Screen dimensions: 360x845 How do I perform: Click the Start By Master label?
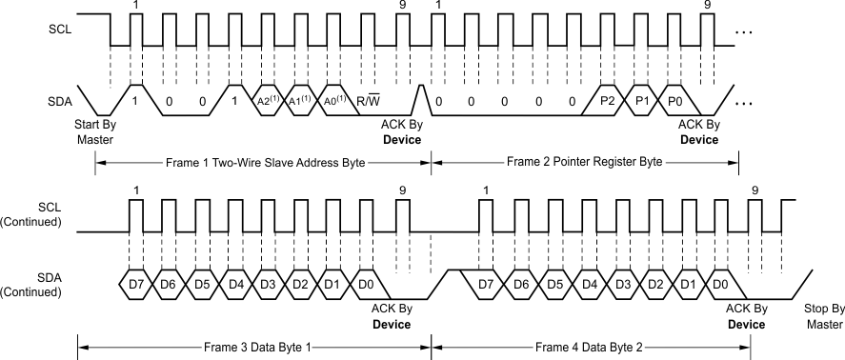point(94,131)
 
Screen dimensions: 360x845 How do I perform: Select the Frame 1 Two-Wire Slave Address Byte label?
point(264,162)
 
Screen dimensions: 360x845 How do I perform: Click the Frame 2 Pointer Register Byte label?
point(585,162)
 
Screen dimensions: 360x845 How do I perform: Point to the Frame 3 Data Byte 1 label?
point(253,346)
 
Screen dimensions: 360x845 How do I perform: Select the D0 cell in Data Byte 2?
point(720,285)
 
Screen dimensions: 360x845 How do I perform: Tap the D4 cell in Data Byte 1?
point(234,285)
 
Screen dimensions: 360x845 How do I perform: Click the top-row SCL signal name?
point(59,30)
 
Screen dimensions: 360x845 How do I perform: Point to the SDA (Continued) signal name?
point(34,285)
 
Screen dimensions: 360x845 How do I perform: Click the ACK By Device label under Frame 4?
point(746,316)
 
